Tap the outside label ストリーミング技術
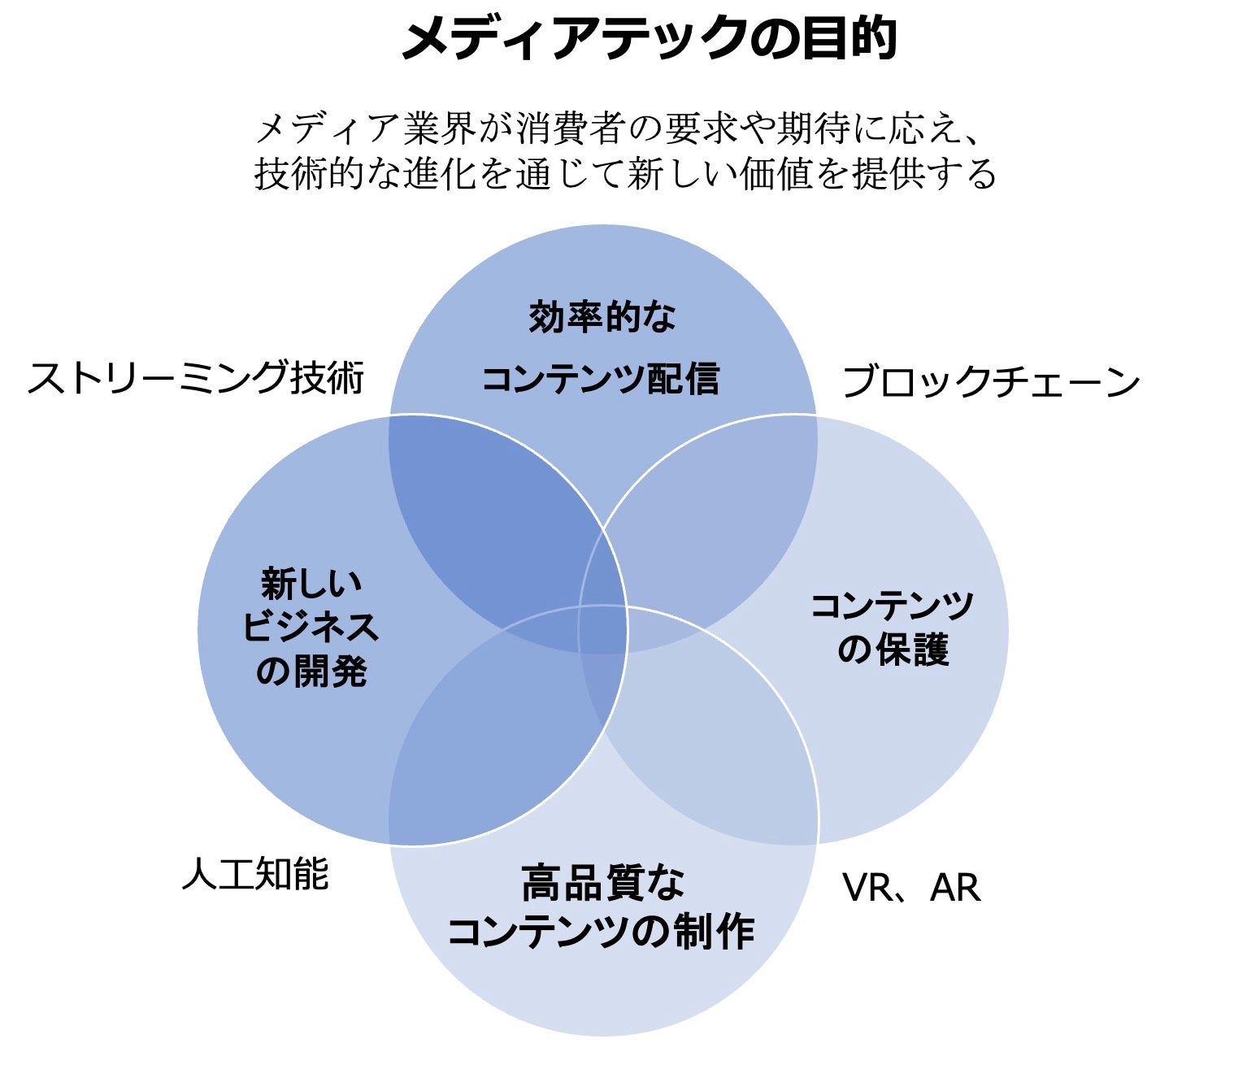click(x=196, y=378)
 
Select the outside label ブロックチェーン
click(x=991, y=381)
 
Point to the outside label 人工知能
click(x=254, y=874)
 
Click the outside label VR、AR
click(x=911, y=887)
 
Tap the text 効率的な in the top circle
click(x=602, y=316)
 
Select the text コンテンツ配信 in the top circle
click(x=601, y=379)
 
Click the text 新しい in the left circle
click(x=311, y=583)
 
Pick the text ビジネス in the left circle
click(x=311, y=627)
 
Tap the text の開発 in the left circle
click(x=311, y=671)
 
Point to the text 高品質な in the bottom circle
click(x=602, y=884)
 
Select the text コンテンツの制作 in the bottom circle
click(x=601, y=932)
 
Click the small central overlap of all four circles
click(x=602, y=630)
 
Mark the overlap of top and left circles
click(x=488, y=520)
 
